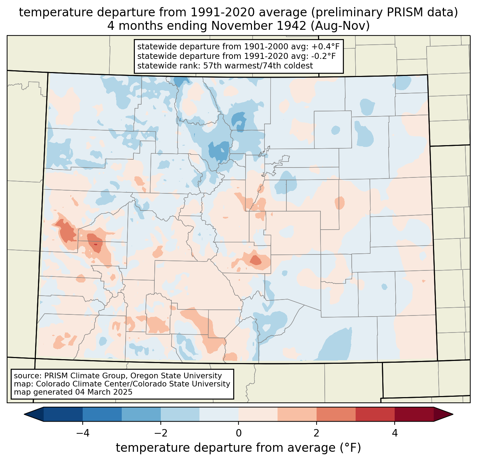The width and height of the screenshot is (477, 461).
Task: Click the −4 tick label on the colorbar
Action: point(83,433)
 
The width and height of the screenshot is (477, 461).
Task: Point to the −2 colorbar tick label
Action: point(161,433)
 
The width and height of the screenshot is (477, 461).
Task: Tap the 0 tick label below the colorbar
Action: point(238,433)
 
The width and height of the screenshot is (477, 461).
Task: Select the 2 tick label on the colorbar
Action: point(317,433)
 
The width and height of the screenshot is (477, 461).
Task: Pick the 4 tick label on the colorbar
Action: point(395,433)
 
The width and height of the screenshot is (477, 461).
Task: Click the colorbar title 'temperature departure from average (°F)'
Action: point(238,448)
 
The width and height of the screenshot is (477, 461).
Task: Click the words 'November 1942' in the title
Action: point(259,26)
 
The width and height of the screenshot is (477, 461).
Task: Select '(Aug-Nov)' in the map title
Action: point(340,26)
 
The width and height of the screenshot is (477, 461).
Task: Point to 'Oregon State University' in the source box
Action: point(176,376)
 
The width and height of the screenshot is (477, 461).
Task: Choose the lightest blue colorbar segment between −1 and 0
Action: point(219,415)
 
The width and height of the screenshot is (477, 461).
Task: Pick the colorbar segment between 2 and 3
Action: point(336,415)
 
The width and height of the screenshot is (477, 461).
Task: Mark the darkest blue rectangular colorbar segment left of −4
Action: point(63,415)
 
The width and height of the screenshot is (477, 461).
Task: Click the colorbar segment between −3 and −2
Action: point(141,415)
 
